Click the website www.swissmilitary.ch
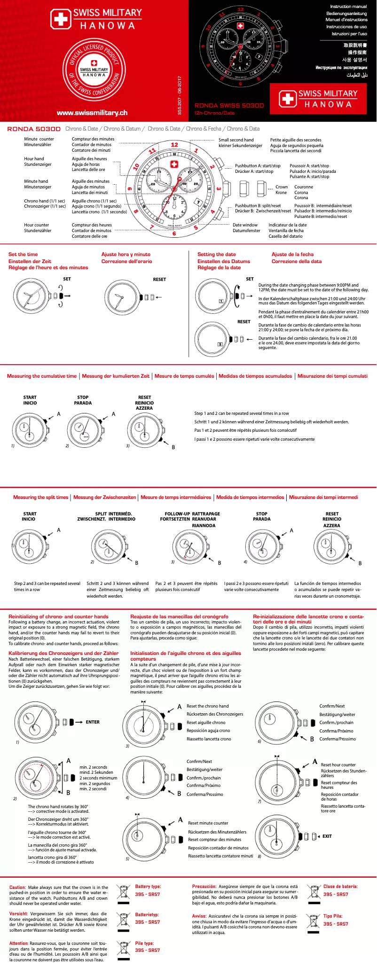pyautogui.click(x=92, y=113)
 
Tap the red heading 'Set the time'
pyautogui.click(x=23, y=254)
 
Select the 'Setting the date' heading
pyautogui.click(x=216, y=254)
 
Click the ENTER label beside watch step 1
pyautogui.click(x=93, y=722)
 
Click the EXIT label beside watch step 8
pyautogui.click(x=327, y=836)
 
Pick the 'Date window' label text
pyautogui.click(x=245, y=225)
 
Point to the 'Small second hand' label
pyautogui.click(x=236, y=140)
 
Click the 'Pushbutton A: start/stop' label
pyautogui.click(x=258, y=166)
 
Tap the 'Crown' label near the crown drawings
pyautogui.click(x=281, y=187)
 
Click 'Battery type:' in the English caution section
pyautogui.click(x=148, y=887)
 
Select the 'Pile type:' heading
pyautogui.click(x=144, y=943)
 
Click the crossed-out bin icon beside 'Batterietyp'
pyautogui.click(x=124, y=920)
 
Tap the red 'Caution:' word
pyautogui.click(x=17, y=888)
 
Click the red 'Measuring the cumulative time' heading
pyautogui.click(x=42, y=376)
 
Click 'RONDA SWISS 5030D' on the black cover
pyautogui.click(x=229, y=106)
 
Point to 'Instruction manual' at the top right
pyautogui.click(x=348, y=7)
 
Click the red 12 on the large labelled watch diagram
pyautogui.click(x=174, y=145)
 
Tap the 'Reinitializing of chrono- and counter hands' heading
pyautogui.click(x=58, y=616)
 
